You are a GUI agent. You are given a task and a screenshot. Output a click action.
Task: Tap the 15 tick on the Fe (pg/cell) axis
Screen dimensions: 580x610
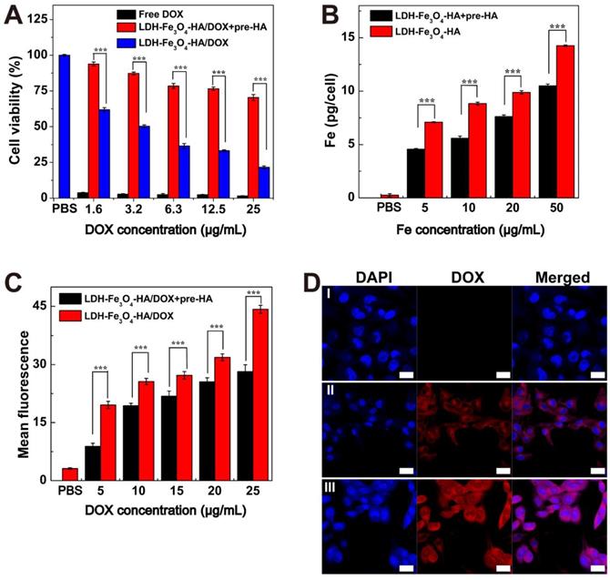(x=359, y=37)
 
